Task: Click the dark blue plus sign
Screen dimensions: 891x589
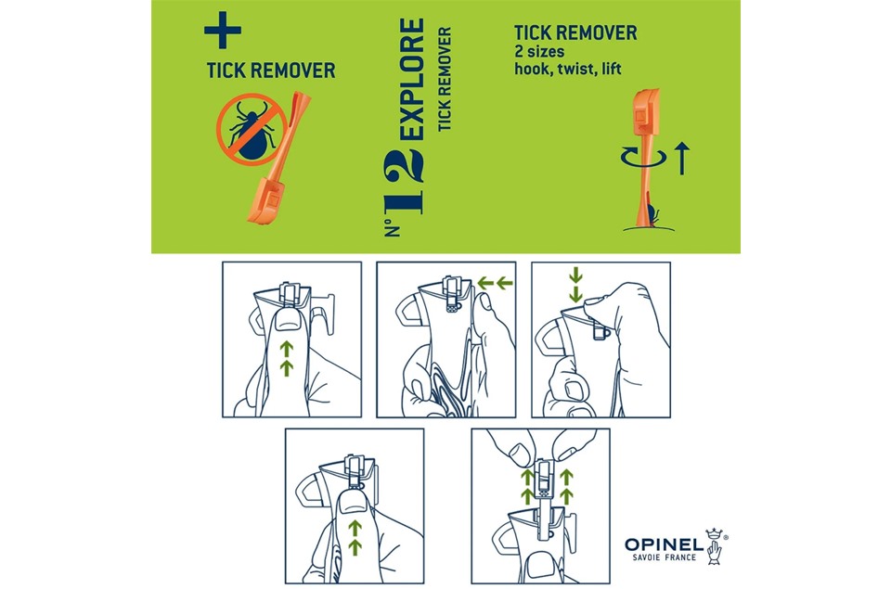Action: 222,30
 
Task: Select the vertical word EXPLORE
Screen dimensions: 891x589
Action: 411,80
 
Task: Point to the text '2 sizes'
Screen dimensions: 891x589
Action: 539,52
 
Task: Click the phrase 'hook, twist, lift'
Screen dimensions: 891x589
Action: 568,70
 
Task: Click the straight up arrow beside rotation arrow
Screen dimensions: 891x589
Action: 682,159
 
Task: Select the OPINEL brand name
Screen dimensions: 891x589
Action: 664,544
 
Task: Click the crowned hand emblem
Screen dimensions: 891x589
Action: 716,546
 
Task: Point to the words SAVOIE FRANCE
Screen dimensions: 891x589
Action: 665,557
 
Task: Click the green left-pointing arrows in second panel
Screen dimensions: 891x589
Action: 495,283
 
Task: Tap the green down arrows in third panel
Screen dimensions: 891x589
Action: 575,285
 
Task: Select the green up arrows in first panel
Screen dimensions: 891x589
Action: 287,358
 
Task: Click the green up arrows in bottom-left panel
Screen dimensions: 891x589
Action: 355,537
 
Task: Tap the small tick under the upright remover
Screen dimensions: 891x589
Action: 652,216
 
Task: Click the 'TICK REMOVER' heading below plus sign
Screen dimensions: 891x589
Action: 270,70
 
